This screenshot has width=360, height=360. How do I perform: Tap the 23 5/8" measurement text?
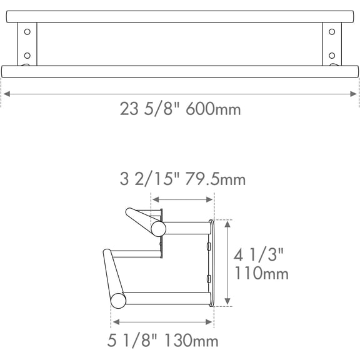coord(151,109)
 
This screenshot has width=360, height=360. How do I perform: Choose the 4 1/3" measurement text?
coord(259,255)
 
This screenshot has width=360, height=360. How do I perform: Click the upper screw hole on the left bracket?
coord(27,31)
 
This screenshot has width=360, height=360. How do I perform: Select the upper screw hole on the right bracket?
coord(332,31)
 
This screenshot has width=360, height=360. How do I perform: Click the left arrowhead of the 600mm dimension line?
coord(5,94)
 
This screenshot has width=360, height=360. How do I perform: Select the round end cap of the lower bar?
coord(117,302)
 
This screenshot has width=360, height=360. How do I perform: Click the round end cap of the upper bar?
coord(159,228)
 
